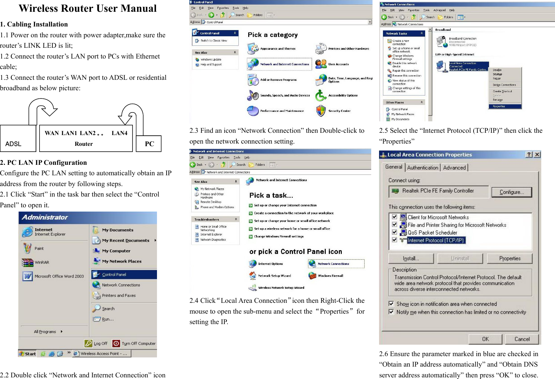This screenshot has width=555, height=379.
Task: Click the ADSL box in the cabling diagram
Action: click(18, 139)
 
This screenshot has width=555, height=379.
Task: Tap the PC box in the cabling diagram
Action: click(149, 144)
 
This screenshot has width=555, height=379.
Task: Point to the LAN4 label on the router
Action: click(119, 133)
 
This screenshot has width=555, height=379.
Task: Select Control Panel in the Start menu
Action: click(114, 275)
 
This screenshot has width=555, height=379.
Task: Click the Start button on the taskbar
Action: click(27, 353)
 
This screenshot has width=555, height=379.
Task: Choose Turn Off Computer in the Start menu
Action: click(134, 343)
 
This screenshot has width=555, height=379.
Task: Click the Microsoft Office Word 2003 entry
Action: click(59, 276)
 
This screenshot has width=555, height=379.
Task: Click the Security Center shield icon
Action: click(321, 111)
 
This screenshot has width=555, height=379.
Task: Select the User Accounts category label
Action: click(338, 64)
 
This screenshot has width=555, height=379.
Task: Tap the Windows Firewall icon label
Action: click(330, 276)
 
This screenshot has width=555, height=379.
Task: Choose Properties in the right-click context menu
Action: click(499, 106)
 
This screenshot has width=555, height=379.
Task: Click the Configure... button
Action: click(512, 192)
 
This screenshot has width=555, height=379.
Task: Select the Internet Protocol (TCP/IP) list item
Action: click(436, 240)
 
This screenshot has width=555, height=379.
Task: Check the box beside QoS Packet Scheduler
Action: click(394, 232)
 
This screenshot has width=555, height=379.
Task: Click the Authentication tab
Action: click(423, 168)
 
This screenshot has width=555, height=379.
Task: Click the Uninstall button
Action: click(460, 258)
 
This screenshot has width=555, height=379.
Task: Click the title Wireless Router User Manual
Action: click(88, 9)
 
